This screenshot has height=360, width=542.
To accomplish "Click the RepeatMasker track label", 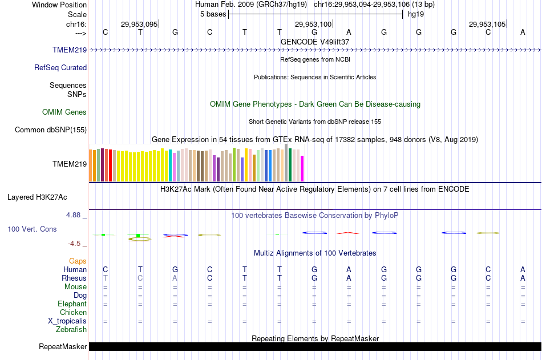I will (63, 346).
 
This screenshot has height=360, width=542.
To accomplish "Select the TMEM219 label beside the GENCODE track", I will (70, 50).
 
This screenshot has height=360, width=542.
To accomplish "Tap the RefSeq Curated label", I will (60, 67).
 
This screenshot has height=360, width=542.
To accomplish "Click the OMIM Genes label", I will (64, 112).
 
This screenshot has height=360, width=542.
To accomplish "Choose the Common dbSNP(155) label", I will (51, 130).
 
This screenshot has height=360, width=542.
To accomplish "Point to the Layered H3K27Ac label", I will (37, 197).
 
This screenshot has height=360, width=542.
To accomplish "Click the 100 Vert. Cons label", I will (32, 229).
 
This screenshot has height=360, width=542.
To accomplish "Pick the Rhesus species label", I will (74, 278).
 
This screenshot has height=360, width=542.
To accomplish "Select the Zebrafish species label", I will (71, 329).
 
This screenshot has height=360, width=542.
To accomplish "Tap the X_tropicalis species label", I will (67, 321).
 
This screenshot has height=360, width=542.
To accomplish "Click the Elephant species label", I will (72, 304).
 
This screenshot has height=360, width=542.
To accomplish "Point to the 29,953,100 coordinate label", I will (313, 24).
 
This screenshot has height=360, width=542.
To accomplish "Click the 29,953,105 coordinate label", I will (487, 24).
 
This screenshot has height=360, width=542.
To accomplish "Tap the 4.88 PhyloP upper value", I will (74, 215).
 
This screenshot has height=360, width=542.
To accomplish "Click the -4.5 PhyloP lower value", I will (75, 244).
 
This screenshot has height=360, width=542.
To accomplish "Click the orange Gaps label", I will (78, 261).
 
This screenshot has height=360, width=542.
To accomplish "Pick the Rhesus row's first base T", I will (105, 278).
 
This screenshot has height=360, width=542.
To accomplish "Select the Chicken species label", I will (73, 312).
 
